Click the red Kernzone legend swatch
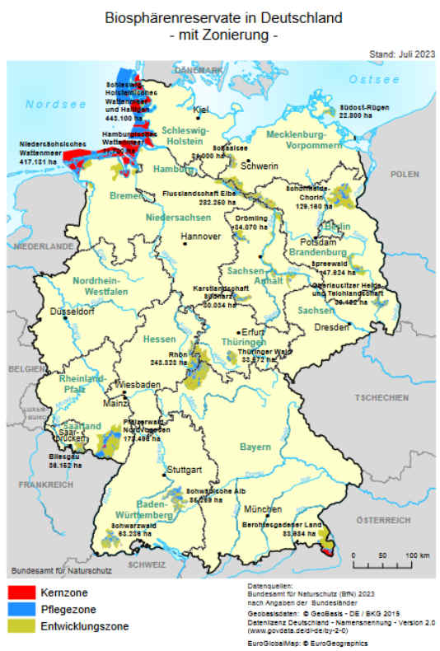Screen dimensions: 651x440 tap(22, 592)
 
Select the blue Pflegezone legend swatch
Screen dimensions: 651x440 tap(22, 610)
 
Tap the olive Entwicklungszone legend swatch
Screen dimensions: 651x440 tap(22, 627)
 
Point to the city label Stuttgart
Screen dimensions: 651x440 tap(185, 472)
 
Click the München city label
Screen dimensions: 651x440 tap(268, 509)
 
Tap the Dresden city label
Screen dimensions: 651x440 tap(333, 327)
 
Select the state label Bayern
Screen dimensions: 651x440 tap(255, 447)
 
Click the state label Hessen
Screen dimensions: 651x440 tap(159, 340)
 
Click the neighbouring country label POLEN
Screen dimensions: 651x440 tap(404, 175)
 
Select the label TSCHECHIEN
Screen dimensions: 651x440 tap(381, 397)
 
